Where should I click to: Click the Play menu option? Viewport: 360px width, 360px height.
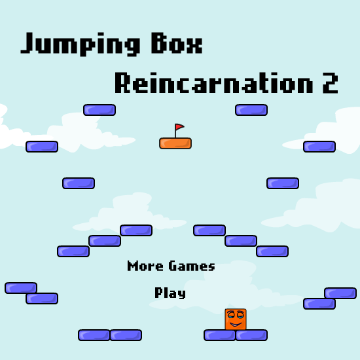click(170, 293)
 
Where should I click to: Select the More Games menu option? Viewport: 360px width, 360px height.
click(171, 266)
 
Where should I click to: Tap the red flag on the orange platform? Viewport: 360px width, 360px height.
click(179, 127)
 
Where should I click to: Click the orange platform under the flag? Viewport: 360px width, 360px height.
click(175, 143)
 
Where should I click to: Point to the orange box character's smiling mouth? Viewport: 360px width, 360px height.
click(236, 325)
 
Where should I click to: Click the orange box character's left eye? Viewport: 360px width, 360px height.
click(231, 315)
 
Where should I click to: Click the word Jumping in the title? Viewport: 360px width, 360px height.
click(81, 44)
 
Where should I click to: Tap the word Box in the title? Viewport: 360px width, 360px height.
click(177, 43)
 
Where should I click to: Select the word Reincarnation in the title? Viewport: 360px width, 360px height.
click(213, 82)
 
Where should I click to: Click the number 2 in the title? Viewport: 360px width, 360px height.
click(331, 83)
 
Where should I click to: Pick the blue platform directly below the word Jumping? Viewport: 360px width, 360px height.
click(99, 110)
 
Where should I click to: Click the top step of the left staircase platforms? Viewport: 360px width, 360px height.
click(136, 230)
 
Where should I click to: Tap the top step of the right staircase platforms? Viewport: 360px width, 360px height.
click(209, 230)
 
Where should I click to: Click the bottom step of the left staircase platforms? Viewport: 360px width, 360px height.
click(73, 251)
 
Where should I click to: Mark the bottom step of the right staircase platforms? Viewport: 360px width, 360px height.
click(272, 251)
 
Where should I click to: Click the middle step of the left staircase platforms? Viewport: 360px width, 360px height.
click(105, 241)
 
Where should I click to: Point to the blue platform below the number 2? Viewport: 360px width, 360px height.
click(319, 147)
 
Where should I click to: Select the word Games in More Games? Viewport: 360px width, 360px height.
click(192, 266)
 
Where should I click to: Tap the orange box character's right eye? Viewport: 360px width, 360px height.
click(240, 315)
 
